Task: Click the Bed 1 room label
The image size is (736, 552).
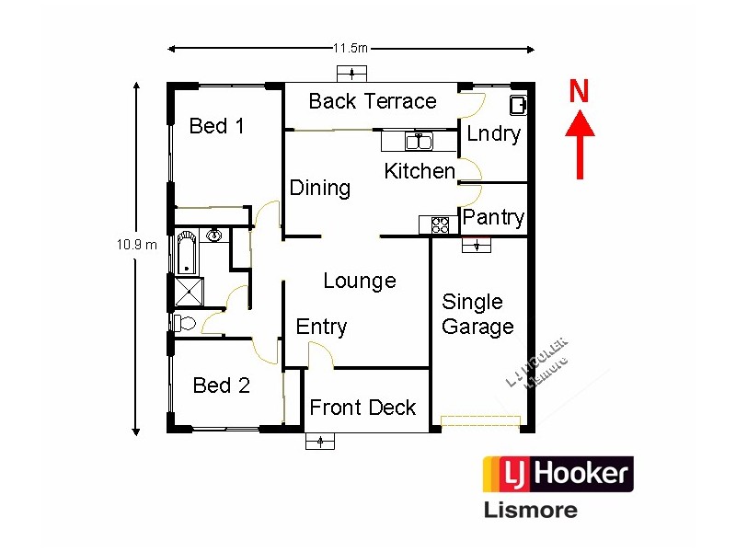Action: click(216, 126)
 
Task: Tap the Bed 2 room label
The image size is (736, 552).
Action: click(221, 385)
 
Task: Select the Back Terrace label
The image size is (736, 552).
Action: click(373, 101)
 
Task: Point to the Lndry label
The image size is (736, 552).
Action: click(493, 133)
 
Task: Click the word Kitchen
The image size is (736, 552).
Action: click(420, 171)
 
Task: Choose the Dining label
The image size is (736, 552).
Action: click(320, 188)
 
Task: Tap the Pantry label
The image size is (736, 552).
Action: click(493, 218)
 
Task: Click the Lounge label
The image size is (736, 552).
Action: click(360, 281)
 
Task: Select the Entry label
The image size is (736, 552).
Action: click(321, 327)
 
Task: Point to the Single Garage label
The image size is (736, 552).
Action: click(477, 314)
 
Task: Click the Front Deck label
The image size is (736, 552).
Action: click(362, 408)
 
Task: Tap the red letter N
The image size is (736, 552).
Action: click(579, 91)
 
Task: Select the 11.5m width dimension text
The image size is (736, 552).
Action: click(350, 48)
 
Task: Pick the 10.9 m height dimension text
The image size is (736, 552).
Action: click(136, 245)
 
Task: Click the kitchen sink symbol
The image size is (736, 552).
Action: click(420, 142)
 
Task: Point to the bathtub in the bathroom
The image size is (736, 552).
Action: click(187, 252)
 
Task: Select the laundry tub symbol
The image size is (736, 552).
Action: click(518, 105)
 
